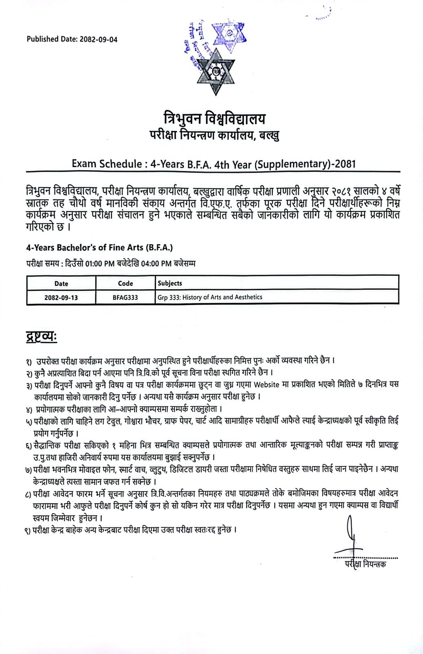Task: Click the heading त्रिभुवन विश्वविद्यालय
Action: (x=212, y=119)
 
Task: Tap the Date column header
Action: (x=61, y=283)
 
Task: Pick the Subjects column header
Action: (x=170, y=283)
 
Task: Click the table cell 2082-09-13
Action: (x=61, y=297)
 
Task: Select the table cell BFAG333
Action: (x=125, y=297)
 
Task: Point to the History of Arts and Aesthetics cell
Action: (x=210, y=297)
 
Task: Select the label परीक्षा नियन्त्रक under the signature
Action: (x=365, y=564)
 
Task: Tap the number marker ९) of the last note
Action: (x=28, y=530)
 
